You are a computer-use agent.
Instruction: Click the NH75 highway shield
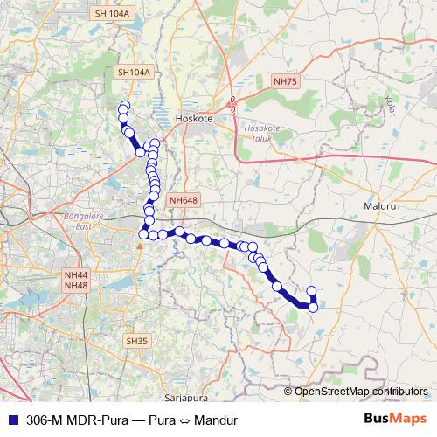click(286, 81)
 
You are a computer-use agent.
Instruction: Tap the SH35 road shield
click(136, 340)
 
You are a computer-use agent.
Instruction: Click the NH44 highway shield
click(76, 274)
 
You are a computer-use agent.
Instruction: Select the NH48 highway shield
click(76, 286)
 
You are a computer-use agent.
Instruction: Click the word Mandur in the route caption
click(216, 420)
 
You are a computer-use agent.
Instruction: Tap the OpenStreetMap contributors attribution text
click(361, 391)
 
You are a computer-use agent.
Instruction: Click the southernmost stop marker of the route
click(313, 307)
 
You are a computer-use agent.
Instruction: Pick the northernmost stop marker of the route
click(125, 107)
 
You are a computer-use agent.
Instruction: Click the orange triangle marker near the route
click(138, 244)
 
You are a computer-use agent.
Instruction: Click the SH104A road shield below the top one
click(134, 73)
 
